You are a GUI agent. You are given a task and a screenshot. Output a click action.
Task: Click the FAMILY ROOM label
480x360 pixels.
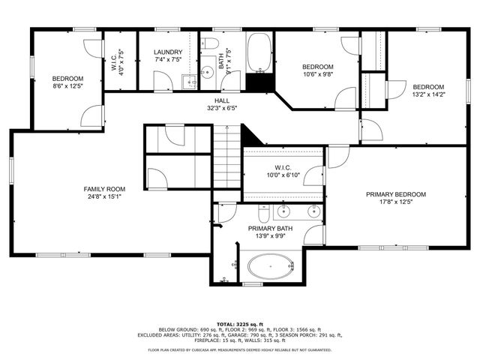104,189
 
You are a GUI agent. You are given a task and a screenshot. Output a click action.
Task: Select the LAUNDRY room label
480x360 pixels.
167,52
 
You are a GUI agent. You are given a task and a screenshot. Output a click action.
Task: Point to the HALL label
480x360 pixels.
221,100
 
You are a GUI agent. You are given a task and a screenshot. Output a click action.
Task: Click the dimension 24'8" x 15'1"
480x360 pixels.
104,197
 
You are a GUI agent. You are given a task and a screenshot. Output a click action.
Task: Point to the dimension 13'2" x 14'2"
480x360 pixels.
428,94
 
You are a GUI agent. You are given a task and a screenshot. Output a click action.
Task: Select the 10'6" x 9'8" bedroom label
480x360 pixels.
317,70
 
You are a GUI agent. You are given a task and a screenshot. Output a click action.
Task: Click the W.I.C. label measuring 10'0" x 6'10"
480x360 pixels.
281,171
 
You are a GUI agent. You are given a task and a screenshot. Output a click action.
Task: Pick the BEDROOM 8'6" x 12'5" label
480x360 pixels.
67,82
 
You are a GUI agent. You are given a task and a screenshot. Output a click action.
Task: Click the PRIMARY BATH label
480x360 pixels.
270,229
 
